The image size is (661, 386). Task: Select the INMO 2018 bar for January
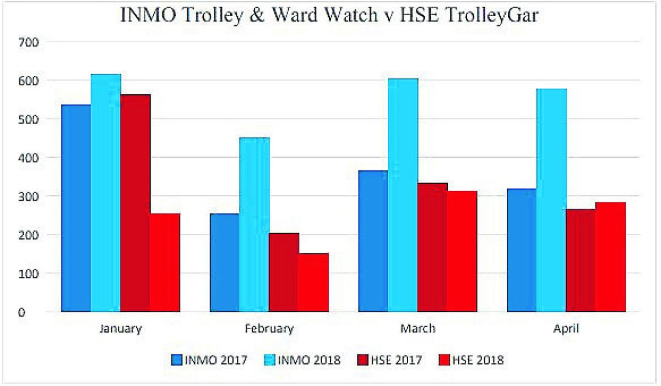[106, 193]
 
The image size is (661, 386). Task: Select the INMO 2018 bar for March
[403, 195]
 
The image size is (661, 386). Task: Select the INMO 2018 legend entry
[302, 361]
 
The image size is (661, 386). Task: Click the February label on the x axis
[269, 329]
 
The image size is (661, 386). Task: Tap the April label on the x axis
[566, 329]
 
